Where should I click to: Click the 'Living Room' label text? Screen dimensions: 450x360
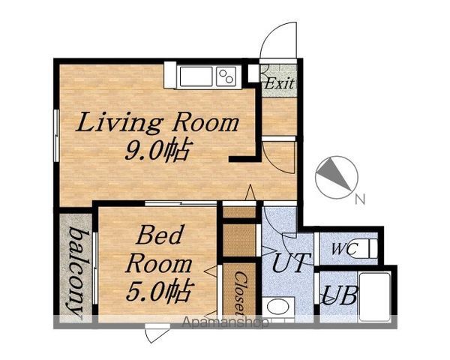pos(157,122)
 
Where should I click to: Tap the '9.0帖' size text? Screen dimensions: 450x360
pos(157,151)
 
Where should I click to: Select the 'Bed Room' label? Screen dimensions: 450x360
pos(159,250)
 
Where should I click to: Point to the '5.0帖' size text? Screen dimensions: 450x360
pos(159,291)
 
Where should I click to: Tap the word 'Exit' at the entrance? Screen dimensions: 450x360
pos(279,83)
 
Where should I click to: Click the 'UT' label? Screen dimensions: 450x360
pos(291,262)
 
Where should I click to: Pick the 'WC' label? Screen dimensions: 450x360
pos(344,248)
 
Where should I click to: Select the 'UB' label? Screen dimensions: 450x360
pos(340,295)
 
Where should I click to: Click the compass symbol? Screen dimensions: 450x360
pos(337,177)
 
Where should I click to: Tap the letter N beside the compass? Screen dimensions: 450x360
pos(360,199)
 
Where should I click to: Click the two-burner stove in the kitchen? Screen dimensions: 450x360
pos(226,76)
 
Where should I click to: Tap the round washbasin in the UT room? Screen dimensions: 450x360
pos(277,307)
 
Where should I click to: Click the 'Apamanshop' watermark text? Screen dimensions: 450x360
pos(226,322)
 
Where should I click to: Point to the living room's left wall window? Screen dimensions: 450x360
pos(56,136)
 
